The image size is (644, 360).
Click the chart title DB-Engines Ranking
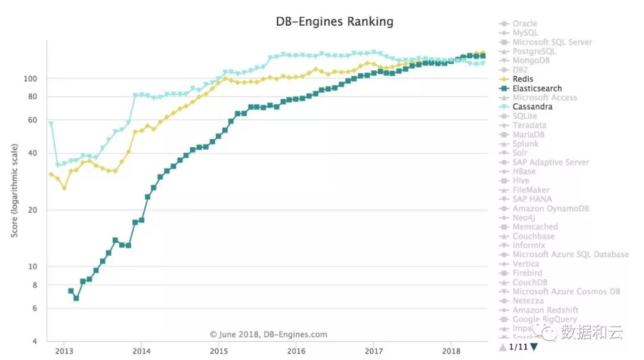[334, 21]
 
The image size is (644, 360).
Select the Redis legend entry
[522, 79]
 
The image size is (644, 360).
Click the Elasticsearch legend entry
[537, 88]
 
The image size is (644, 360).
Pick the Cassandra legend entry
[532, 107]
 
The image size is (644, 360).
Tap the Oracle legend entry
[525, 24]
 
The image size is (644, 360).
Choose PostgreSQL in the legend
[534, 51]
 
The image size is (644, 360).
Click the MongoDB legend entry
[531, 61]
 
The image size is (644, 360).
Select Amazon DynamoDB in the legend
[550, 209]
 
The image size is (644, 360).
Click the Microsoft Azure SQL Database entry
[571, 255]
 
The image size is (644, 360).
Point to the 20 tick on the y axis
[33, 210]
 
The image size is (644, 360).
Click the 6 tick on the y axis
[35, 309]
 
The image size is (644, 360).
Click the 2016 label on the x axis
[296, 350]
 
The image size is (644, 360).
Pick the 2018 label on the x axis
[451, 350]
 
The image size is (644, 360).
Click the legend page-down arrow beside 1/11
[534, 347]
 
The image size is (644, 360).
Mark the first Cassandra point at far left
[51, 124]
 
